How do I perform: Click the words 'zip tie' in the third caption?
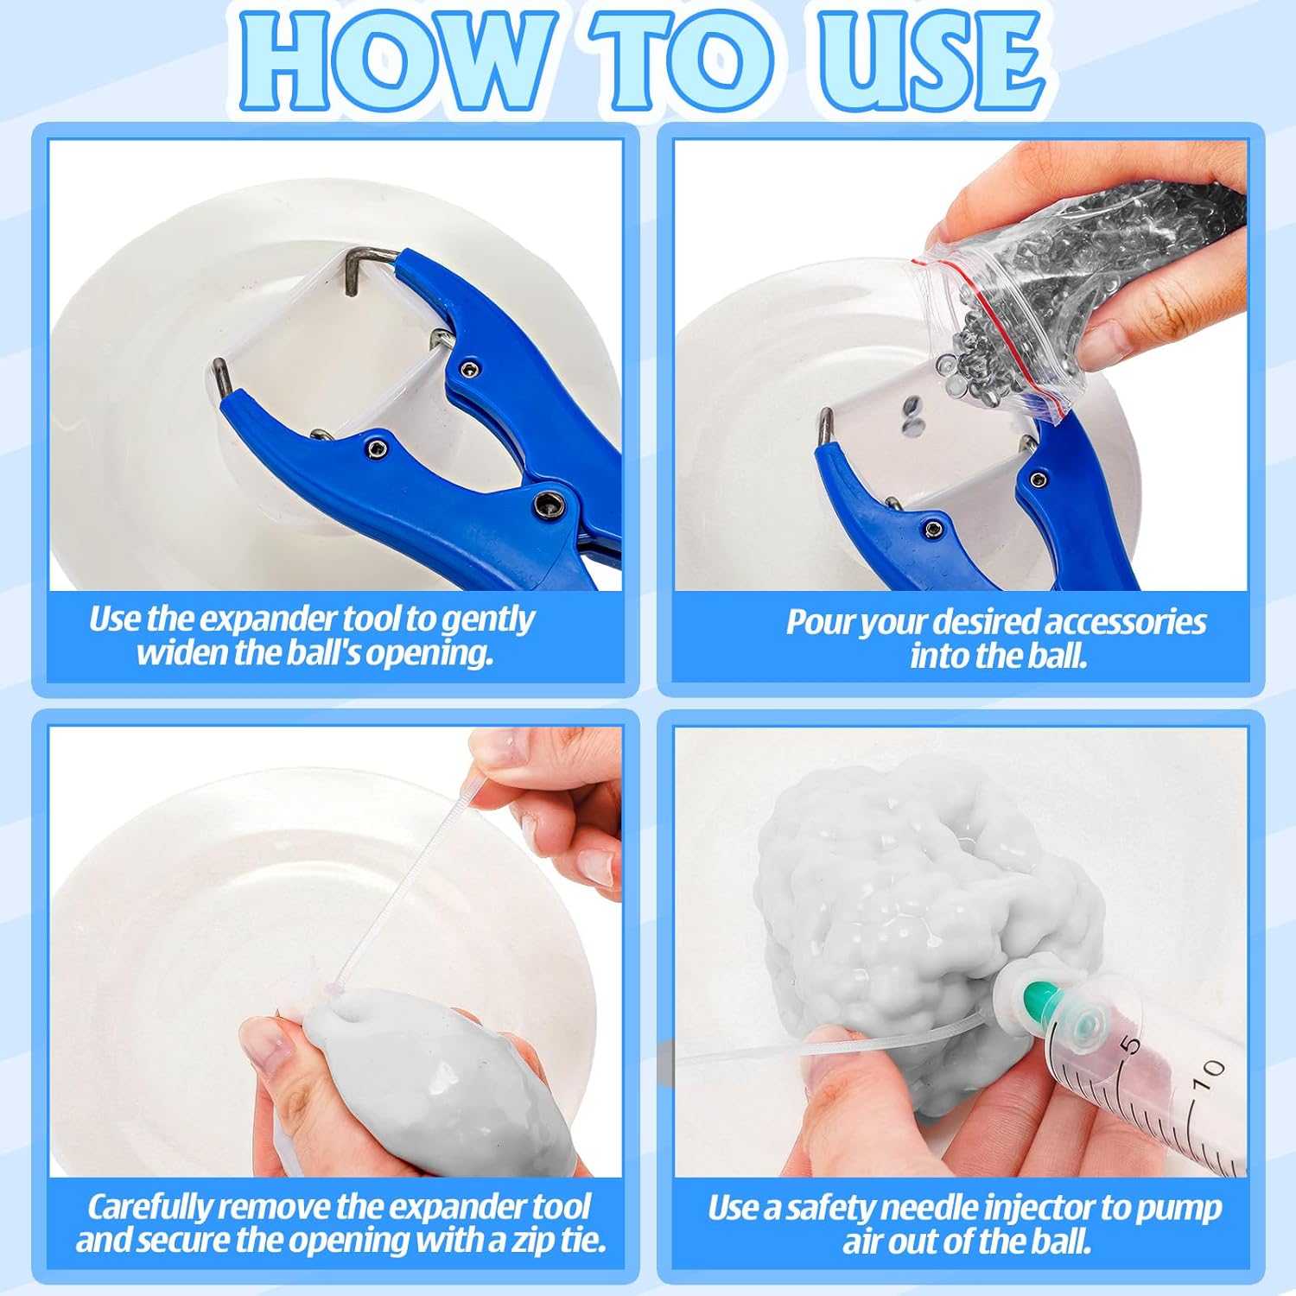tap(557, 1241)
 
